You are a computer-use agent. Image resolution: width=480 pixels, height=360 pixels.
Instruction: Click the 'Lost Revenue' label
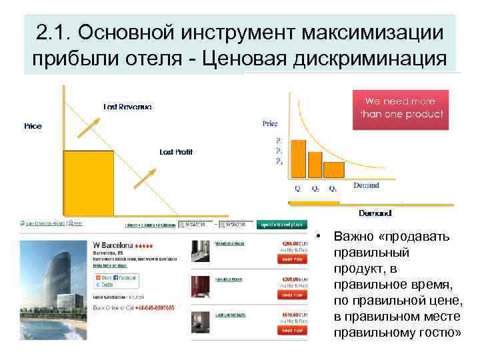[127, 107]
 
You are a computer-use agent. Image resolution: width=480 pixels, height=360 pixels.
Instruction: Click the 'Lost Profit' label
[176, 152]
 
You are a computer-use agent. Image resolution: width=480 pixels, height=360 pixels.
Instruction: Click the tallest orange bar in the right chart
[299, 159]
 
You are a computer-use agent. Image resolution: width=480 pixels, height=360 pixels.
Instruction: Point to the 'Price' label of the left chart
[33, 126]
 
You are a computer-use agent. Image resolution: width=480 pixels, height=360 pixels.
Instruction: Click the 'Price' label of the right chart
[270, 123]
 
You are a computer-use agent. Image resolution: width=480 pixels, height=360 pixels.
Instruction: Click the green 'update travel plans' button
[283, 225]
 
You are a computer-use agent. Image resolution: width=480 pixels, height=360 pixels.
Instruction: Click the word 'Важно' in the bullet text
[354, 237]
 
